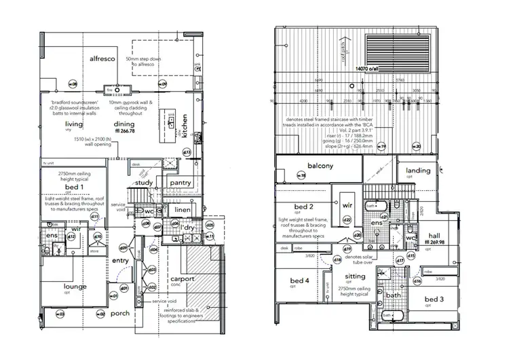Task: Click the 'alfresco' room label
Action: click(x=105, y=59)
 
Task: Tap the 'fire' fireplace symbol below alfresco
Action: click(x=109, y=89)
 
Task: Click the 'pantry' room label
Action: click(x=181, y=182)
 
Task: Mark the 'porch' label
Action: click(x=120, y=313)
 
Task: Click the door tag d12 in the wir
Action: click(x=71, y=236)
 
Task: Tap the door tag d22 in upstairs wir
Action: click(x=346, y=219)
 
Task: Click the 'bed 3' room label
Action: click(x=435, y=300)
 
